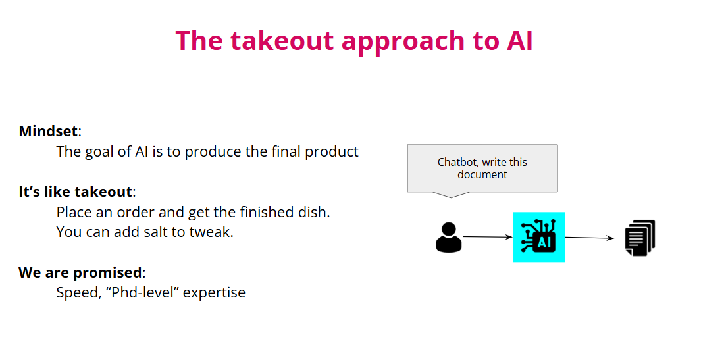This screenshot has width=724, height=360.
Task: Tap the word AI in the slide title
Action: (519, 41)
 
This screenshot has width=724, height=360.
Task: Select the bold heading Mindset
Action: (48, 131)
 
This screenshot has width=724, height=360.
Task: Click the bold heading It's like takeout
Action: (75, 192)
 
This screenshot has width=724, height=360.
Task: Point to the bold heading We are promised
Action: (80, 272)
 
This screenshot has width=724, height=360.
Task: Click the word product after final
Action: (332, 151)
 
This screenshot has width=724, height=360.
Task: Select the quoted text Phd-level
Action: (145, 292)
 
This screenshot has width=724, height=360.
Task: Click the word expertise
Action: (214, 292)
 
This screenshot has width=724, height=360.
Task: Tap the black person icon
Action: (449, 237)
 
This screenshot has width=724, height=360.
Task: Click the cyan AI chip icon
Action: (538, 237)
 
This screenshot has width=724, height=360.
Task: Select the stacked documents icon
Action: (640, 238)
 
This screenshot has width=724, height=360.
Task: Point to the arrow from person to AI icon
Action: (487, 237)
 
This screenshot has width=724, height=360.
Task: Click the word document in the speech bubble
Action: (482, 174)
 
